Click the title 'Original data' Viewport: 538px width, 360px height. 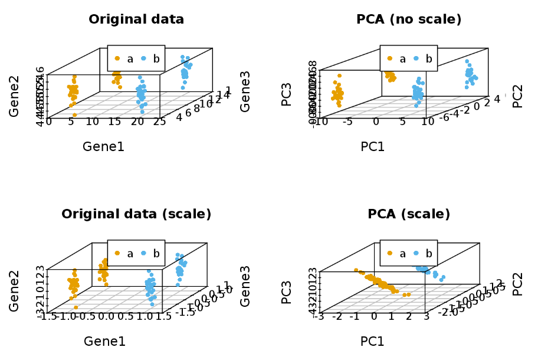pyautogui.click(x=136, y=19)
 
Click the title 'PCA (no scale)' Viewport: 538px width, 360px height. pyautogui.click(x=409, y=19)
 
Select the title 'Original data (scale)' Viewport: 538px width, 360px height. pyautogui.click(x=136, y=214)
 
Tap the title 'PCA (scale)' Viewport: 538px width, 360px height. pyautogui.click(x=409, y=214)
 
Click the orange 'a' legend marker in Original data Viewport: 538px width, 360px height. pyautogui.click(x=117, y=58)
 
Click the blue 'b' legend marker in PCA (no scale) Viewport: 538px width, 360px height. pyautogui.click(x=416, y=58)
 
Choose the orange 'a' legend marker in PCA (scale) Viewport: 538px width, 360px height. pyautogui.click(x=390, y=253)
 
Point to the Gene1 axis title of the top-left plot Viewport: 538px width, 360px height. pyautogui.click(x=103, y=146)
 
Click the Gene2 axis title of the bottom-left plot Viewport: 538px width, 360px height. pyautogui.click(x=15, y=291)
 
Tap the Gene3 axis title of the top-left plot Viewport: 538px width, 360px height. pyautogui.click(x=245, y=95)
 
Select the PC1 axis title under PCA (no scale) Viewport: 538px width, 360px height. pyautogui.click(x=373, y=146)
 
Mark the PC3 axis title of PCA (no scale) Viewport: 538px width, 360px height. pyautogui.click(x=287, y=95)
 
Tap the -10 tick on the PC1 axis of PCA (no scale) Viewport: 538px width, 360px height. pyautogui.click(x=320, y=122)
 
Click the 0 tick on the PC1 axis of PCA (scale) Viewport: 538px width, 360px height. pyautogui.click(x=373, y=317)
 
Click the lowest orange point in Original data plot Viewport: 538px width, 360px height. pyautogui.click(x=74, y=115)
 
